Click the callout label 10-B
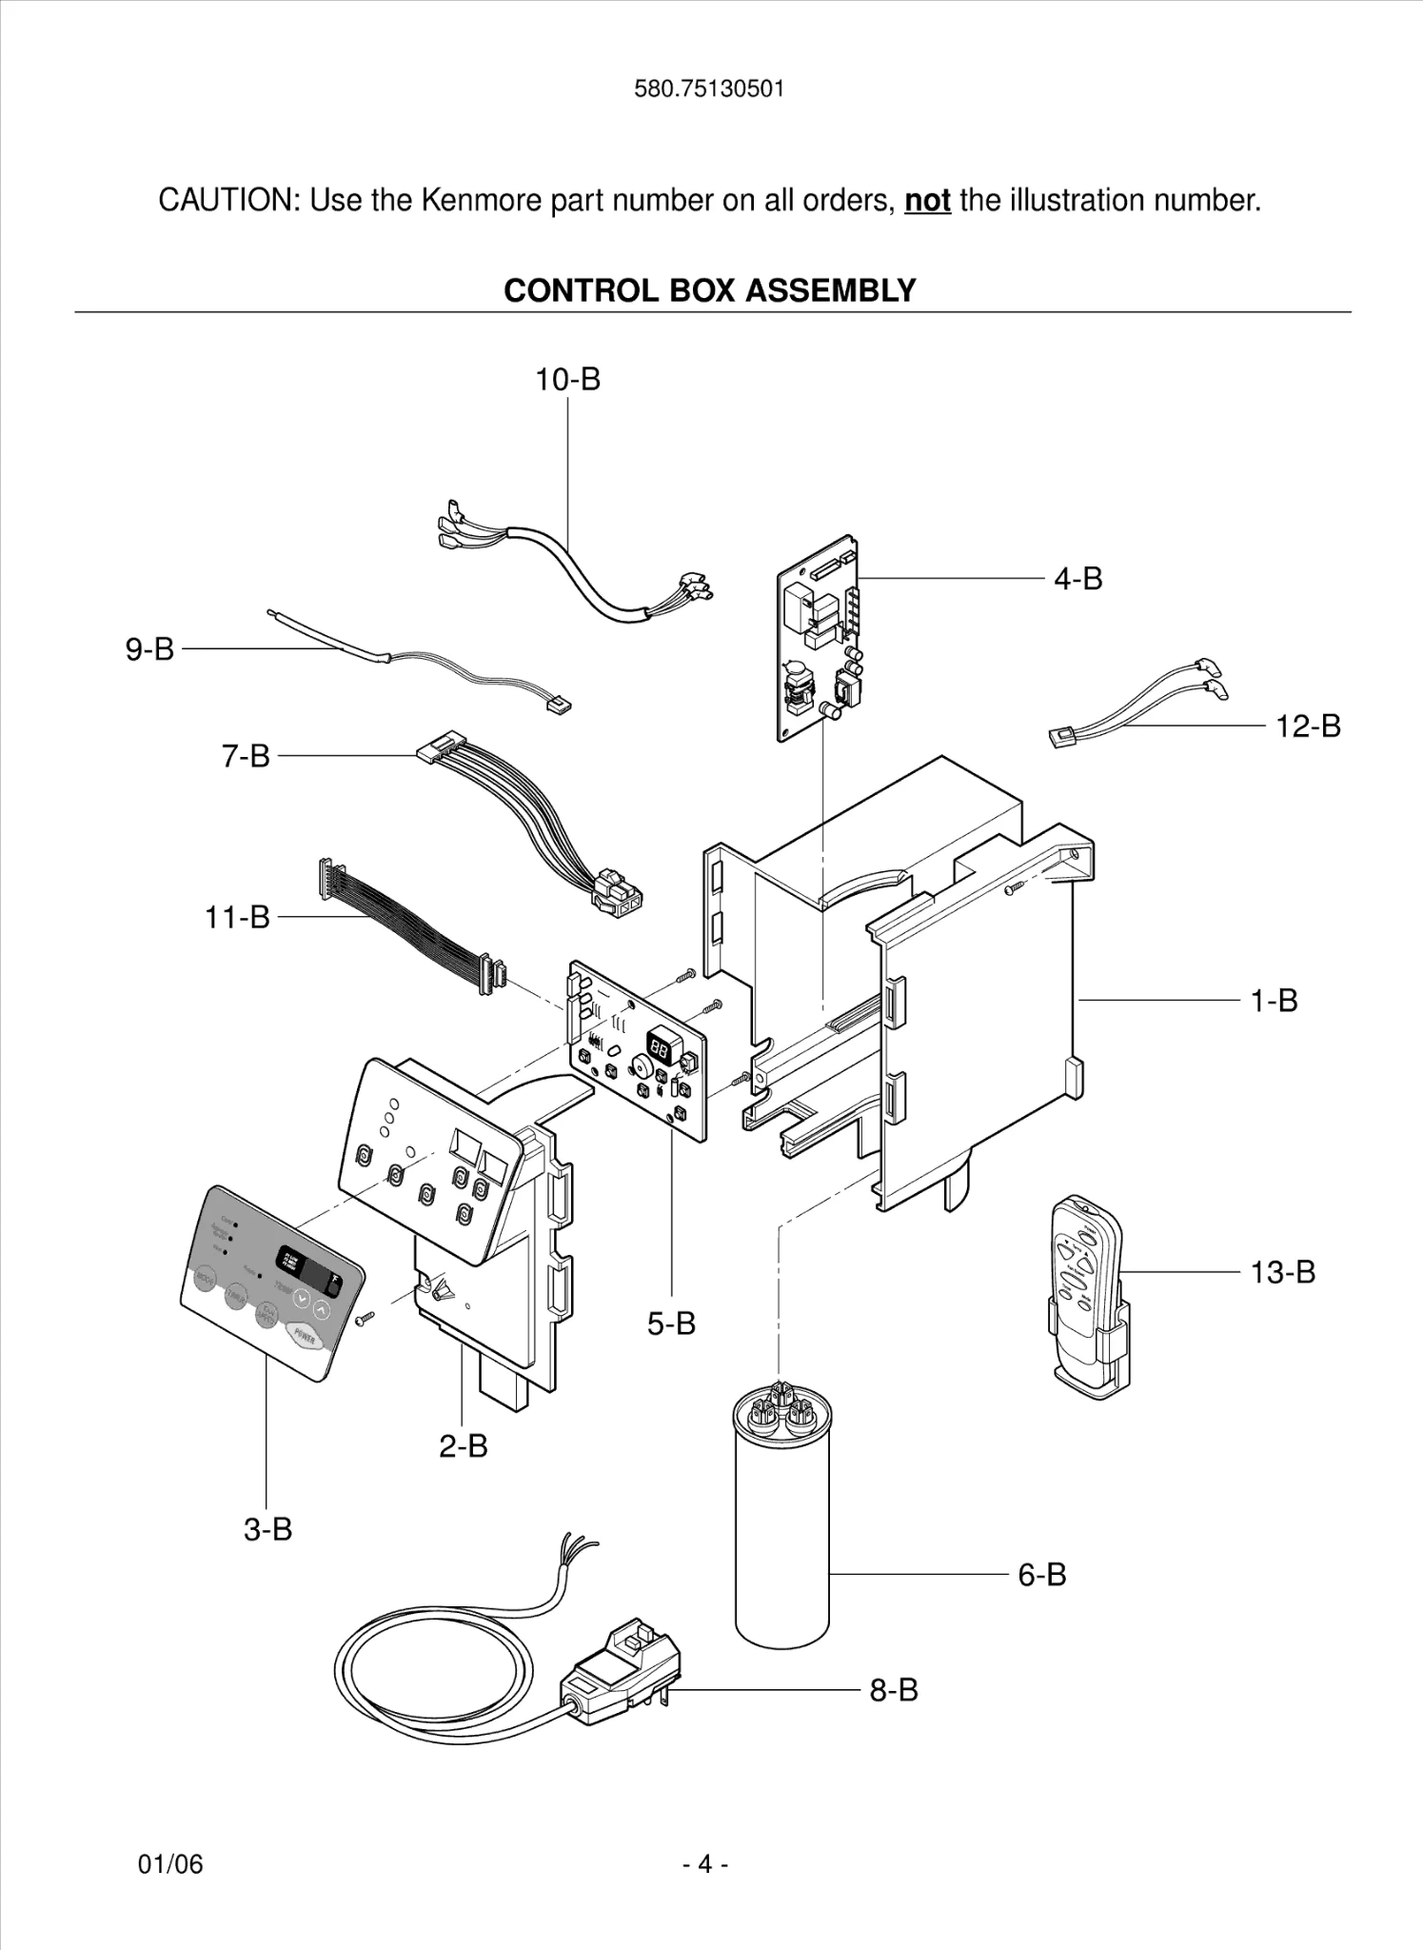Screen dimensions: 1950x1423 (567, 379)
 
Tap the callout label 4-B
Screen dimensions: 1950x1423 (1077, 578)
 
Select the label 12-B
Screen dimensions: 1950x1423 (1307, 726)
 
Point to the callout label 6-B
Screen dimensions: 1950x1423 (1041, 1574)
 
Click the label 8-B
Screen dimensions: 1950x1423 (893, 1690)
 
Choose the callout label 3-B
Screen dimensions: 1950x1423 (267, 1529)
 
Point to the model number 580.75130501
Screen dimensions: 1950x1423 (709, 90)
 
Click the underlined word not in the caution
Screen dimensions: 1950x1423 (927, 201)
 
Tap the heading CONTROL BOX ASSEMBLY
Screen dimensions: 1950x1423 (709, 290)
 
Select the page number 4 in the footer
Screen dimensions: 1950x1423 (705, 1863)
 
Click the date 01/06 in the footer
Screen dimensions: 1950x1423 (170, 1863)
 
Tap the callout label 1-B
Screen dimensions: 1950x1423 (1274, 1001)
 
